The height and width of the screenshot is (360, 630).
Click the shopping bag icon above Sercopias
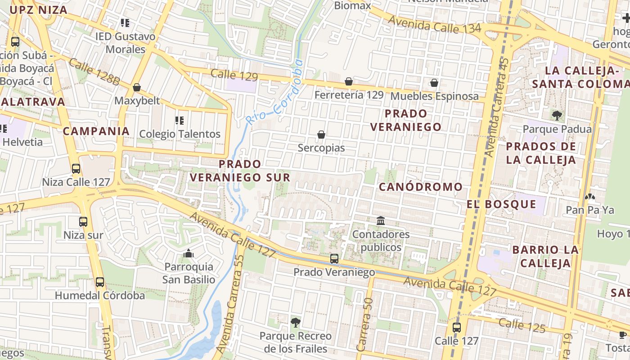(321, 135)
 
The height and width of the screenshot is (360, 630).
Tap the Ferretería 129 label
(349, 95)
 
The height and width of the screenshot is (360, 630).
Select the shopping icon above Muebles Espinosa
(434, 83)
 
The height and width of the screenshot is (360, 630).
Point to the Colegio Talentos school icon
(180, 121)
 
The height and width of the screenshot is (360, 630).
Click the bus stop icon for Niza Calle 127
(76, 169)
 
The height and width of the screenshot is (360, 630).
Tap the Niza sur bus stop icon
(83, 221)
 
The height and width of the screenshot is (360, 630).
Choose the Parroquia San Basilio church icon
(189, 254)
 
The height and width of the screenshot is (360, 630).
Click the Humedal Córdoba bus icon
(100, 282)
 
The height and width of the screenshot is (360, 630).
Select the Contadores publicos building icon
(381, 221)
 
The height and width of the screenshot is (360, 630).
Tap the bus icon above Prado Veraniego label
(334, 259)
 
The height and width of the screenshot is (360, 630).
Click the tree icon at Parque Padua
(557, 116)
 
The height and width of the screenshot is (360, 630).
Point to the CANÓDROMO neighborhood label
(421, 187)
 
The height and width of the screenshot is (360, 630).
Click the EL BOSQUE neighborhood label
(501, 204)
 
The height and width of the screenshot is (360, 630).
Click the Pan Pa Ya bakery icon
(589, 197)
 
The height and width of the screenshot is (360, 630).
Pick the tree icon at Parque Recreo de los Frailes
(296, 322)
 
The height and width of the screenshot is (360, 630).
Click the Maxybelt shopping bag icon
(137, 87)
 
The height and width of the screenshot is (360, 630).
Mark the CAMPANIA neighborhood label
(96, 131)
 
